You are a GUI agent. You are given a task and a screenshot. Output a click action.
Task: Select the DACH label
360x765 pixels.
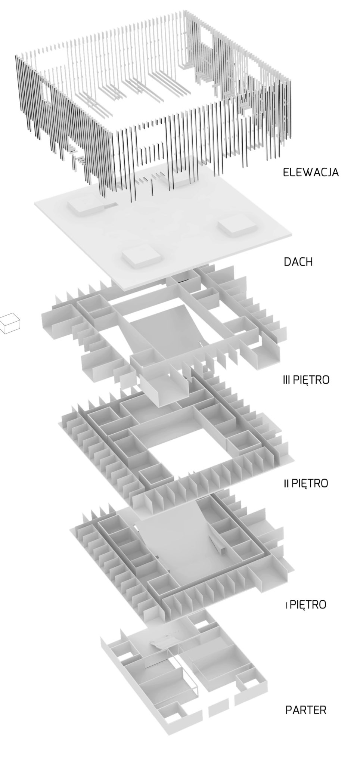point(298,261)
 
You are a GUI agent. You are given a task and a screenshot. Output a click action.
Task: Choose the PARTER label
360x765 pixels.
point(306,710)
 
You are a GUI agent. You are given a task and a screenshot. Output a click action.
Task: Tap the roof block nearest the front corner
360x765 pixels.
point(140,256)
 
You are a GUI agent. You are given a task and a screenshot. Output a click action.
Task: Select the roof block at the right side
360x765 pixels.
point(237,227)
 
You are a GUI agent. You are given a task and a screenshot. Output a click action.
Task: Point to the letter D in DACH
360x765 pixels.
point(287,261)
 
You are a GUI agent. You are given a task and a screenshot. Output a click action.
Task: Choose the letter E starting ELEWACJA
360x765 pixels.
point(286,173)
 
